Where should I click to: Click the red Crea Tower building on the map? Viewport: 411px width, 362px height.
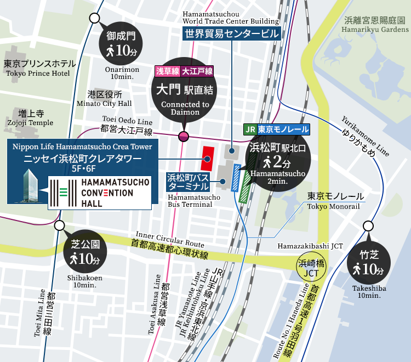pos(208,158)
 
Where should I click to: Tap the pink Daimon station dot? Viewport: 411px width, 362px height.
pos(184,135)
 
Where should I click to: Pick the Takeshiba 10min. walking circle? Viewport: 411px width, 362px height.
pos(368,264)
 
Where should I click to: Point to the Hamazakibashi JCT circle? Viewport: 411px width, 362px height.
pos(311,267)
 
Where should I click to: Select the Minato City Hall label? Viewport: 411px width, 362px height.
pos(109,99)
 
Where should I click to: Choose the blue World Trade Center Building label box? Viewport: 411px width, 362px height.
pos(231,34)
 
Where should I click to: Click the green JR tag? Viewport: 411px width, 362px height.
pos(249,130)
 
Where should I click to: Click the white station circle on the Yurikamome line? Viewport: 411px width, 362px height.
pos(368,225)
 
